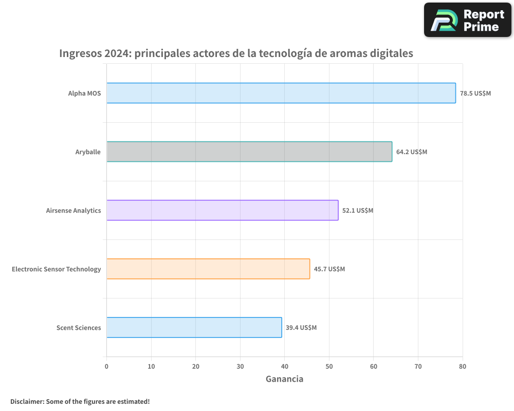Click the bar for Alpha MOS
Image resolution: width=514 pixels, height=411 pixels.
tap(281, 93)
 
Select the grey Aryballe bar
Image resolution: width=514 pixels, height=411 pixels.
tap(249, 152)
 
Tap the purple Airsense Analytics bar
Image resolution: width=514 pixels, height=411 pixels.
tap(222, 210)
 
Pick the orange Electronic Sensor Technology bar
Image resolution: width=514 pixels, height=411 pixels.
tap(208, 269)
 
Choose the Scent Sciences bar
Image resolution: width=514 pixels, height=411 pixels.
tap(194, 327)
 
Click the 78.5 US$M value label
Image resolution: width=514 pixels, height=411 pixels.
tap(475, 94)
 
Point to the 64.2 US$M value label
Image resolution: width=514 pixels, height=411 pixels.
tap(412, 152)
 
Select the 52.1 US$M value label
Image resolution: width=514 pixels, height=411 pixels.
tap(358, 211)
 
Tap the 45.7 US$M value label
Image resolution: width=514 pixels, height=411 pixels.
tap(329, 269)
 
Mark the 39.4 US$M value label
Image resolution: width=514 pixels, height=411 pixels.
tap(301, 328)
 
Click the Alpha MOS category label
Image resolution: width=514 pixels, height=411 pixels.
tap(85, 94)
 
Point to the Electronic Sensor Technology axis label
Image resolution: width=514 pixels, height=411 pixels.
tap(57, 269)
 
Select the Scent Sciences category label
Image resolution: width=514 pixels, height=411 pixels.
tap(79, 328)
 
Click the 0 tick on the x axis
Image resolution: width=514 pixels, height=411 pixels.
tap(106, 366)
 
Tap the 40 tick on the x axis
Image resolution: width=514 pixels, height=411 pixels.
tap(285, 366)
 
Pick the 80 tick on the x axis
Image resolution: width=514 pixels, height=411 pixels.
tap(463, 366)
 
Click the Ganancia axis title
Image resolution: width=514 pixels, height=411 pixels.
tap(284, 379)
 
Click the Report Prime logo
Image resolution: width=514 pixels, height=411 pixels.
tap(468, 20)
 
